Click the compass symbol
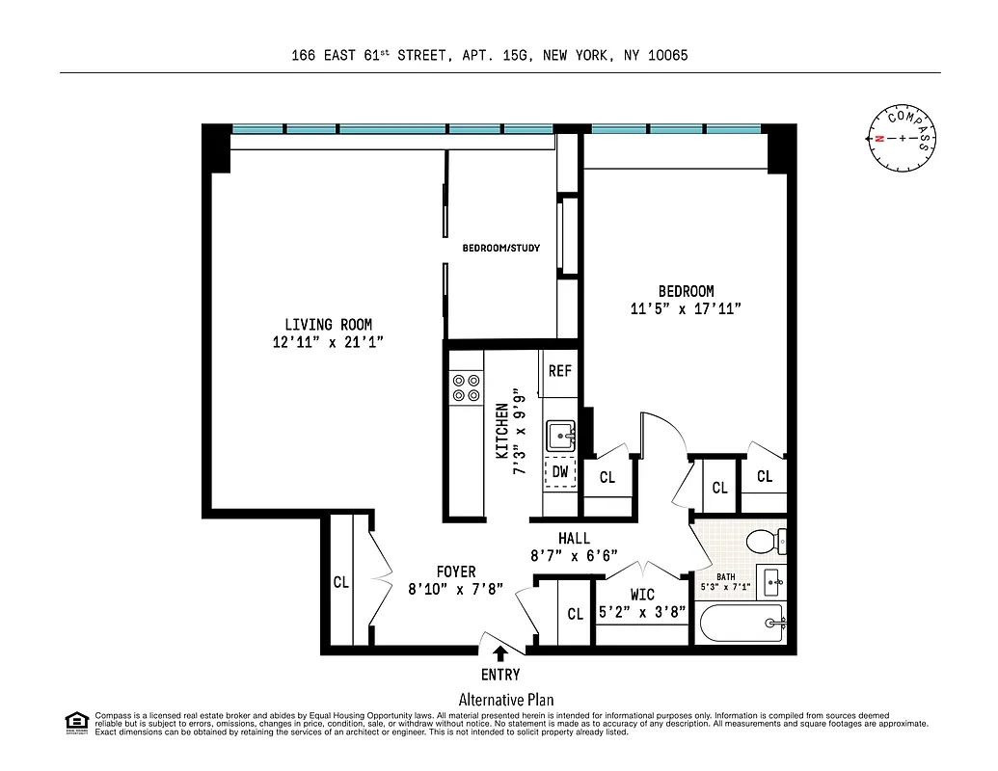coord(902,139)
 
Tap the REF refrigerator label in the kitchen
coord(560,371)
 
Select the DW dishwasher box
coord(560,472)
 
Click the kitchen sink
coord(560,437)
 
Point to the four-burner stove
coord(467,387)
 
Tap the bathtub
coord(743,625)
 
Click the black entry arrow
coord(499,654)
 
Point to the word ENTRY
coord(499,675)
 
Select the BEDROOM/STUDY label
coord(500,249)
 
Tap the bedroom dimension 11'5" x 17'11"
coord(686,309)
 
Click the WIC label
coord(642,595)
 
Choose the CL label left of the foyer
coord(340,583)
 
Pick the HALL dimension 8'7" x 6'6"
coord(574,555)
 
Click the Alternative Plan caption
coord(505,701)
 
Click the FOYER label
coord(455,572)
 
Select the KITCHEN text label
coord(501,429)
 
